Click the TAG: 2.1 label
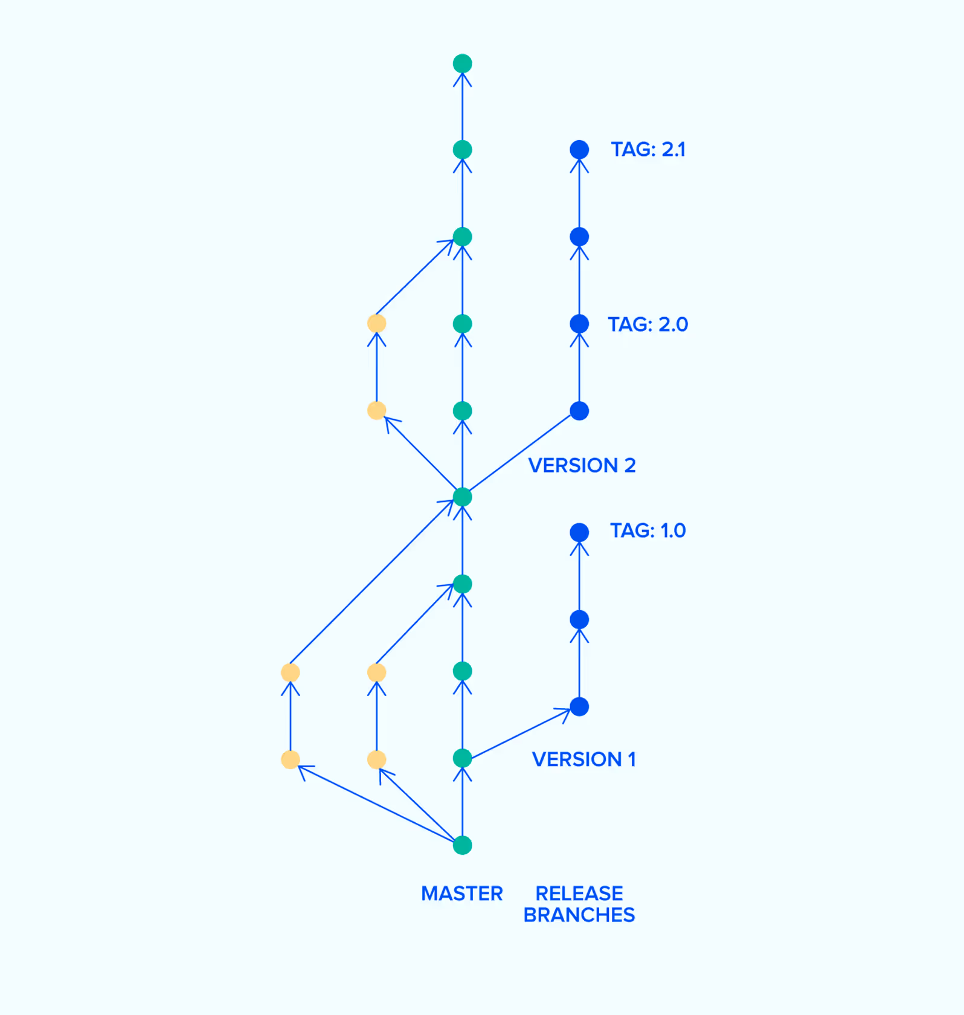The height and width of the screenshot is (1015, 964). click(x=648, y=149)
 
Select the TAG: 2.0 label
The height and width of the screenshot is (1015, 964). click(x=647, y=324)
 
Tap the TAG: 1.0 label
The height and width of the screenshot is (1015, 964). click(x=647, y=530)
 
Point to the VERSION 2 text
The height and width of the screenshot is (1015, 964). click(x=582, y=465)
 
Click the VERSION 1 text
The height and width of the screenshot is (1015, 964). click(x=583, y=759)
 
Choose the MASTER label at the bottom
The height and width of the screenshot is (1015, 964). click(x=462, y=894)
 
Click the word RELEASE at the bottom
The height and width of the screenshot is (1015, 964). click(x=579, y=894)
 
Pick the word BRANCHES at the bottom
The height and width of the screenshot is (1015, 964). click(x=579, y=915)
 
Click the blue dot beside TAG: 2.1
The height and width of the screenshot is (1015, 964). click(x=579, y=150)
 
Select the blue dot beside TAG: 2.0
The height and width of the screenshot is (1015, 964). click(x=579, y=324)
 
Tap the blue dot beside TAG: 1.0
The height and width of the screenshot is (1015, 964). click(x=579, y=532)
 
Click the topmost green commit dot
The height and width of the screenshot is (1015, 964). click(x=463, y=63)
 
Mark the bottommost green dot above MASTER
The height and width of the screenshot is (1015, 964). click(x=463, y=845)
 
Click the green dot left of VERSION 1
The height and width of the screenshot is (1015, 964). click(x=463, y=758)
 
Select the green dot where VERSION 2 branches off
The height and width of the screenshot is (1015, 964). click(x=463, y=497)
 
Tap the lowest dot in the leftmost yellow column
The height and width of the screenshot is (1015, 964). click(x=291, y=759)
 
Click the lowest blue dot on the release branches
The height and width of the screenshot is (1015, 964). click(x=579, y=707)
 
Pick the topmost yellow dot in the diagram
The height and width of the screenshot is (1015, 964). click(x=377, y=323)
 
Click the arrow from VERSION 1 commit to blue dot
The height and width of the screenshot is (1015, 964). click(x=521, y=733)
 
